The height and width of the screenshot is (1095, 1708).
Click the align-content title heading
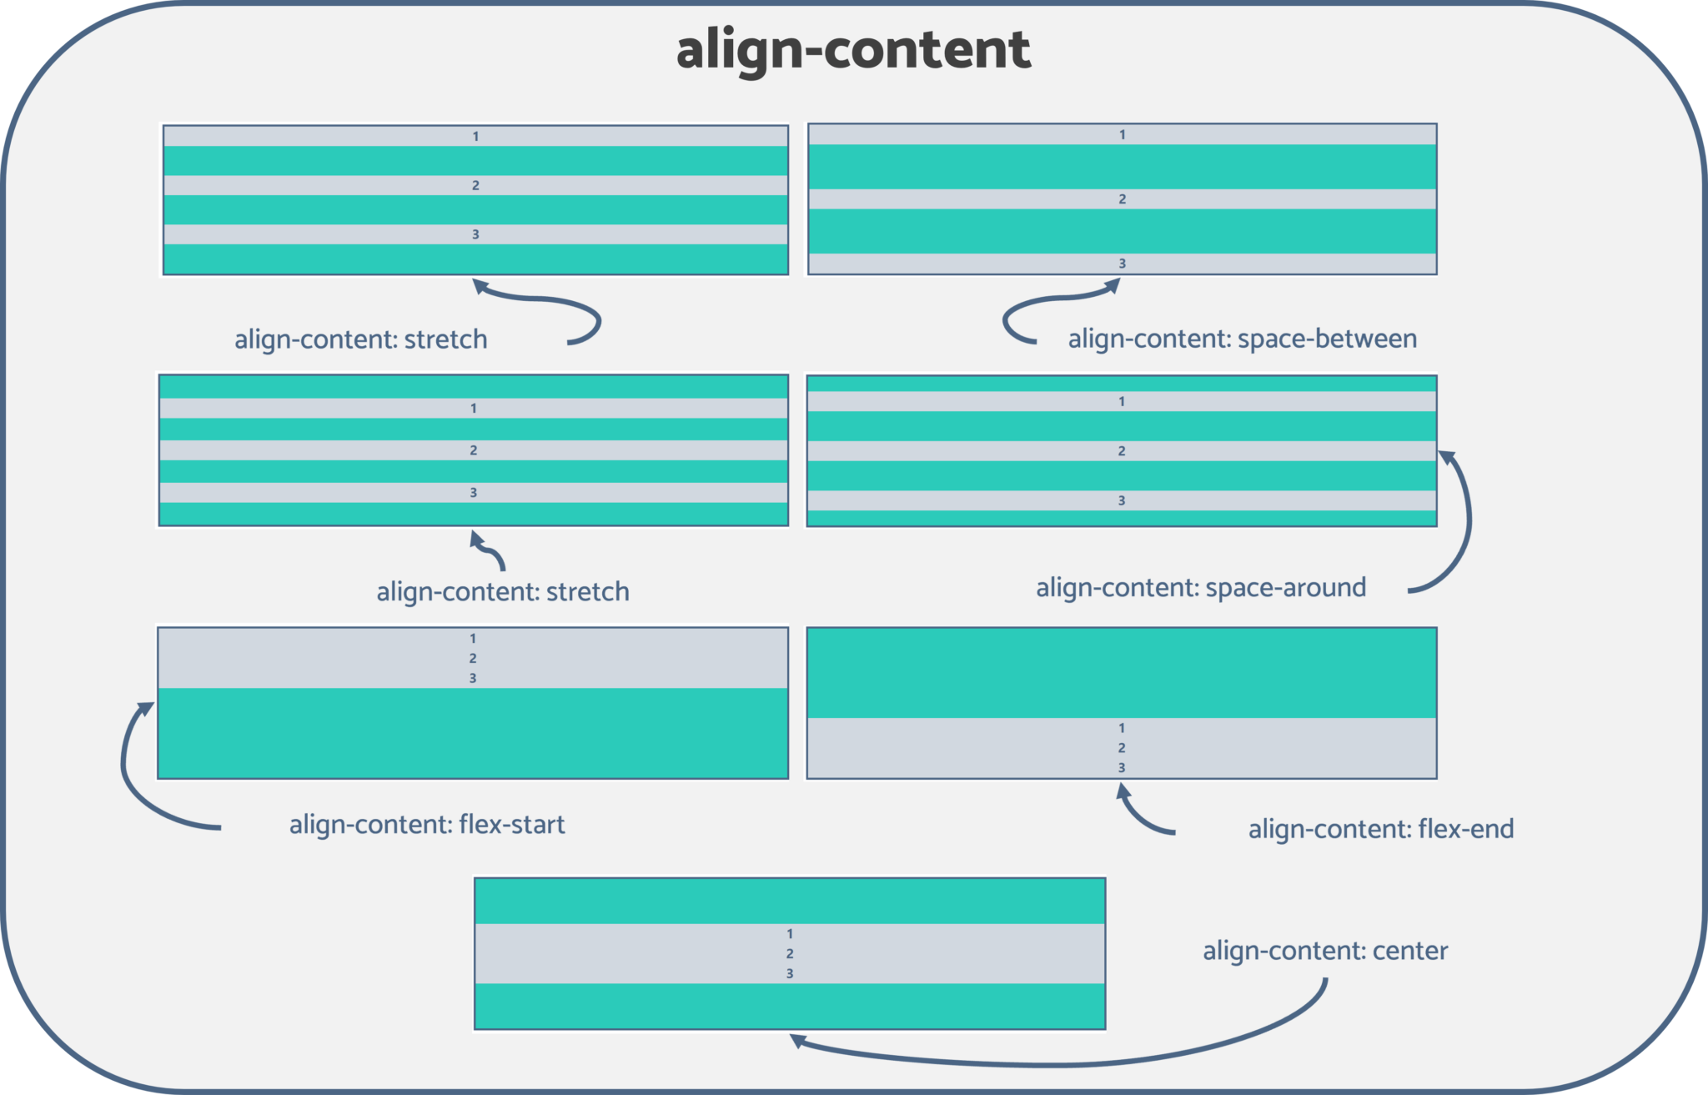(x=853, y=50)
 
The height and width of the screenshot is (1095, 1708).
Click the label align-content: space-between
(x=1242, y=339)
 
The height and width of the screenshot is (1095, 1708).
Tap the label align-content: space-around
(x=1200, y=588)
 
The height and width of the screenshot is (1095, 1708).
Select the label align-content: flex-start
(x=427, y=825)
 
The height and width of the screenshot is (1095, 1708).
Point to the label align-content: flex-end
(x=1380, y=829)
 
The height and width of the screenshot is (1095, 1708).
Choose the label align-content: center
(x=1324, y=951)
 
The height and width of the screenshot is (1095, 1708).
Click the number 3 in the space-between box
(x=1122, y=264)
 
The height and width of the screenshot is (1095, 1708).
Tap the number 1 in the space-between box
(x=1122, y=134)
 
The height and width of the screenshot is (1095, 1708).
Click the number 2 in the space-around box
(x=1122, y=451)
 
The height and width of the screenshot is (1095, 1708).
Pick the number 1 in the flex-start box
(x=473, y=639)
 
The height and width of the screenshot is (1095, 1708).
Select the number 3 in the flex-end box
(x=1122, y=767)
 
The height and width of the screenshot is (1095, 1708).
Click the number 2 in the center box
(x=790, y=953)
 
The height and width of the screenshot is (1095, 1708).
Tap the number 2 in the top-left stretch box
(x=475, y=185)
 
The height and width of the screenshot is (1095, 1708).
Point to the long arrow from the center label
(x=1084, y=1063)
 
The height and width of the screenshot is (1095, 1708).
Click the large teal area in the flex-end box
(x=1122, y=672)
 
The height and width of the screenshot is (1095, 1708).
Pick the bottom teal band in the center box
(x=790, y=1006)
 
